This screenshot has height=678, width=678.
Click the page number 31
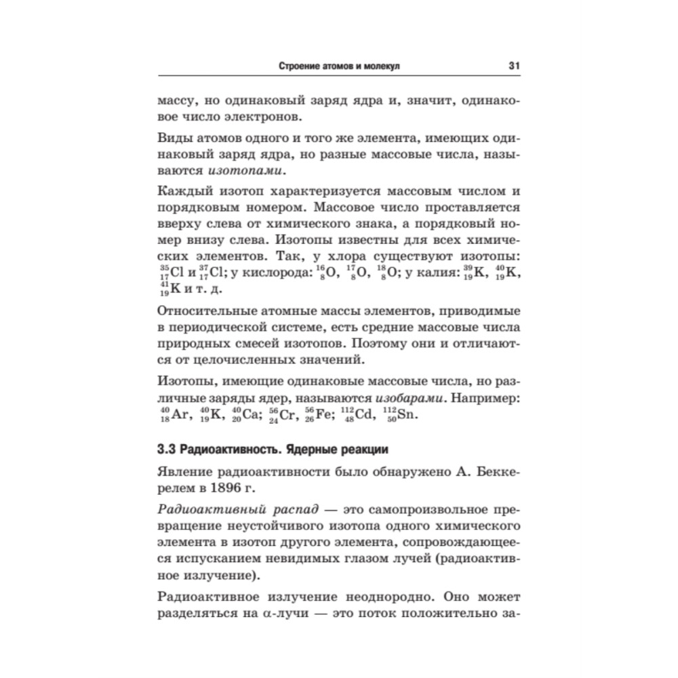[x=513, y=66]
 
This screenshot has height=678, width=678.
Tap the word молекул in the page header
[x=382, y=66]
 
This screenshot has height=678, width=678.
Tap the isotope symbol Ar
[x=178, y=415]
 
